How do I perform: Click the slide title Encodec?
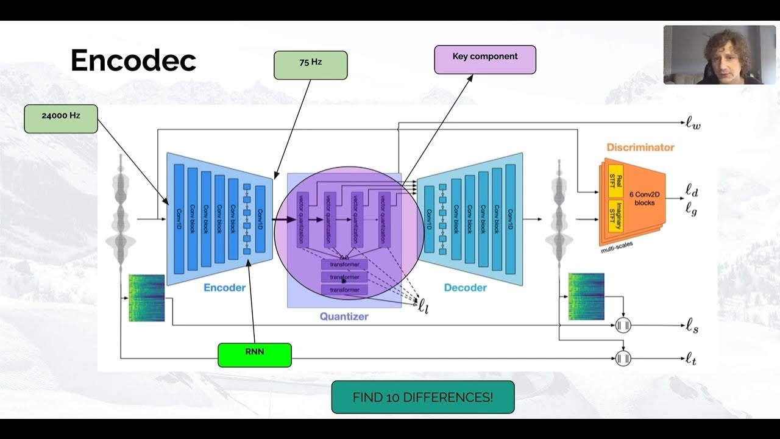coord(133,60)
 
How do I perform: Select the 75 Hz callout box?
coord(310,65)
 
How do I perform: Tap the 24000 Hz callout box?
coord(61,118)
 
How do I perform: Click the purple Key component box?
coord(485,59)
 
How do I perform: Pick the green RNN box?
coord(255,354)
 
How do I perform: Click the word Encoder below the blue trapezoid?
coord(224,288)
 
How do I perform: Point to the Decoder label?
coord(465,288)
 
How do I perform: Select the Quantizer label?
coord(344,316)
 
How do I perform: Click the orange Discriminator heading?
coord(640,148)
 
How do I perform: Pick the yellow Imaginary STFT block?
coord(615,215)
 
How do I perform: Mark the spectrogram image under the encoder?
coord(147,298)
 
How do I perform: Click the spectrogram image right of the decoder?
coord(586,296)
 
